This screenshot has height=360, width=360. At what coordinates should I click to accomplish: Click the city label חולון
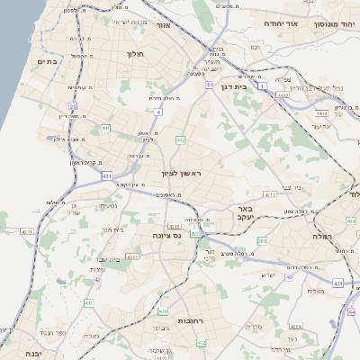tap(137, 54)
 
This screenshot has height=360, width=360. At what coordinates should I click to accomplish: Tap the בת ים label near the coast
tap(48, 61)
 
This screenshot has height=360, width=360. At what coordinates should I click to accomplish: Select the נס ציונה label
tap(166, 236)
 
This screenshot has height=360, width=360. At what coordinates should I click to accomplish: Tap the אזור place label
tap(164, 25)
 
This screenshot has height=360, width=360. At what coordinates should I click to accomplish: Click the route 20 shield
tap(71, 106)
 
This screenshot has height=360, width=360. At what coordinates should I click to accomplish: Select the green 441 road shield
tap(105, 129)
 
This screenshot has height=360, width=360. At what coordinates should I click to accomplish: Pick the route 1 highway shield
tap(261, 86)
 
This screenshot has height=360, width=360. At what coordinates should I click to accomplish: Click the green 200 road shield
tap(262, 241)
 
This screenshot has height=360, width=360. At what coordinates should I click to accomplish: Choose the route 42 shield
tap(97, 279)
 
